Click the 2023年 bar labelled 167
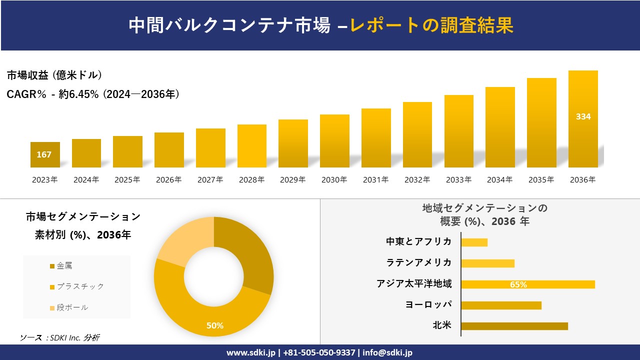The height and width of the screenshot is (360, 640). pos(45,154)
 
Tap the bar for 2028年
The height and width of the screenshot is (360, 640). pos(252,146)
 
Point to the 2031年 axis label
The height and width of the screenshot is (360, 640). pos(375,180)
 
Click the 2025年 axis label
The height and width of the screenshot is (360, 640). pos(127,180)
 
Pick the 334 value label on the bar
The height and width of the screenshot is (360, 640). pos(583,116)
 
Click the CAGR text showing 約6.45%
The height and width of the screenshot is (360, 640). pos(93,94)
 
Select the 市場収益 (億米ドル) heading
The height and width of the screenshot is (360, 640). pos(54,75)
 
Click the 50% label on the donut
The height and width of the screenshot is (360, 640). pos(215,325)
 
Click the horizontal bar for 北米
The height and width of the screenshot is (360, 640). pos(514,326)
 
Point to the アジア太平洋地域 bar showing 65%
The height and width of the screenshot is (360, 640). pos(527,284)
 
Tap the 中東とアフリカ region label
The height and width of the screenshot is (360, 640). pos(418,241)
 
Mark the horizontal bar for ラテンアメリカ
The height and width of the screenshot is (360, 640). pos(487,263)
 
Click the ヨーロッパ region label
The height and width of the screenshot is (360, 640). pos(428,304)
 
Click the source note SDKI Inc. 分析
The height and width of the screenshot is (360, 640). pos(60,337)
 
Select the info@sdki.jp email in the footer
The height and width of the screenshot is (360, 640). pos(388,352)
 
